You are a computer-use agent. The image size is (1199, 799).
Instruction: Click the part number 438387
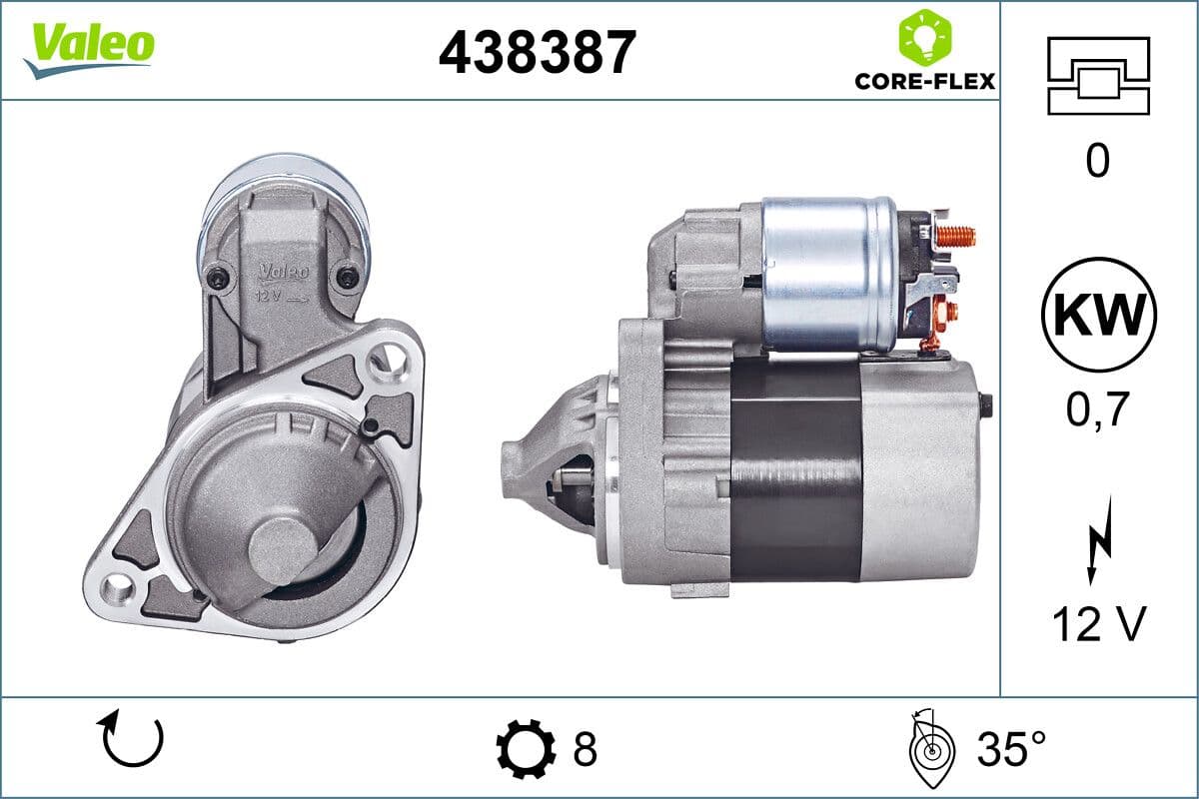(537, 52)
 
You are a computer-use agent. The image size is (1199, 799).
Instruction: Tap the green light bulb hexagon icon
(924, 37)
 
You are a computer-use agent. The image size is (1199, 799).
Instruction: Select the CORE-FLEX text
(924, 81)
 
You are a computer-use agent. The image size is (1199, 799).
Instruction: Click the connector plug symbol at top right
(1098, 75)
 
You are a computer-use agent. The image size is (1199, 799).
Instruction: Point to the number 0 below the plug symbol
(1097, 160)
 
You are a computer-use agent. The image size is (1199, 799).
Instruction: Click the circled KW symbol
(1098, 314)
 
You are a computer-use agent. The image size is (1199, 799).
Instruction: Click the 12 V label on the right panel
(1097, 625)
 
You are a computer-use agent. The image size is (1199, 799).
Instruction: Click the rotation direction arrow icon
(131, 739)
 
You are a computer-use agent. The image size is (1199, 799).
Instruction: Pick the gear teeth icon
(526, 748)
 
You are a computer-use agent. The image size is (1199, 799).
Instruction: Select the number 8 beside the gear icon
(585, 748)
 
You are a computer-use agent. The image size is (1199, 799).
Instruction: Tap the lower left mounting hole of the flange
(120, 588)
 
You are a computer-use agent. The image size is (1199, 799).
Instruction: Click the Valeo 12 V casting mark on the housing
(284, 281)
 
